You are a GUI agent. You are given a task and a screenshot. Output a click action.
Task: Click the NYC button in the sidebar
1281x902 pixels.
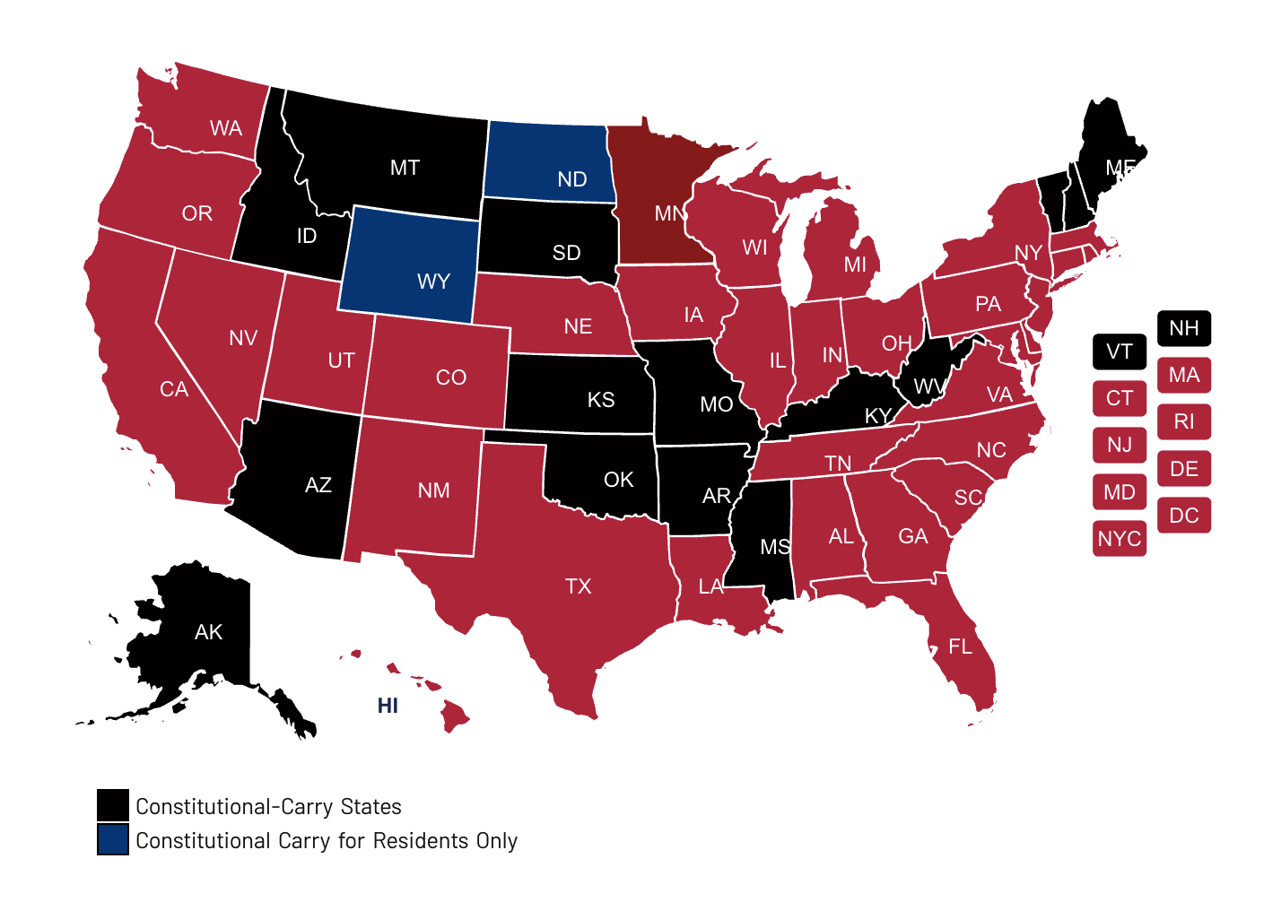(x=1120, y=539)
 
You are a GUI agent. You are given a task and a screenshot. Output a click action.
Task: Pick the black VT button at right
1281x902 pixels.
(x=1120, y=351)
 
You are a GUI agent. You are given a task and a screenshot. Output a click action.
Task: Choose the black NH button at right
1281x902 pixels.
(x=1184, y=328)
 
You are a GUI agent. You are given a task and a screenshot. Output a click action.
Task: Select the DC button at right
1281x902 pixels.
(x=1184, y=516)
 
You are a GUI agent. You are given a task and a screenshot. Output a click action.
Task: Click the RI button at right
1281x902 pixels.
(x=1184, y=421)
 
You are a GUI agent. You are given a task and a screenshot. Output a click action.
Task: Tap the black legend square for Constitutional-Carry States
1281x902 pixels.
(x=113, y=805)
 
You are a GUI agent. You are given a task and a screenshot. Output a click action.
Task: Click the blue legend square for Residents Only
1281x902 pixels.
(x=113, y=839)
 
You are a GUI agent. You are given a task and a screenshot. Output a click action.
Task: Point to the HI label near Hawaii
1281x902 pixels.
(x=388, y=706)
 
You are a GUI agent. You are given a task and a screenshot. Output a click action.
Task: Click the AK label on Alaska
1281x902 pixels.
(x=208, y=632)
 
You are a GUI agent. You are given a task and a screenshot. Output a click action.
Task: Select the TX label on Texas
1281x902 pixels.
(x=579, y=586)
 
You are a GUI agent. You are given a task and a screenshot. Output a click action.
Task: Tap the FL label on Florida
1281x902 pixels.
(x=960, y=646)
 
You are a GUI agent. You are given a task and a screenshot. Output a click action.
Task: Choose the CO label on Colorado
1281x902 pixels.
(x=451, y=377)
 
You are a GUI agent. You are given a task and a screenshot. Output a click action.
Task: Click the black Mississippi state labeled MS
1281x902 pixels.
(x=762, y=538)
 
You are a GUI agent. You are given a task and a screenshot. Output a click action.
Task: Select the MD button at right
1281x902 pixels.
(x=1120, y=492)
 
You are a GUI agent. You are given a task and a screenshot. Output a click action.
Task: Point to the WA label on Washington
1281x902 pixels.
(x=226, y=128)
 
